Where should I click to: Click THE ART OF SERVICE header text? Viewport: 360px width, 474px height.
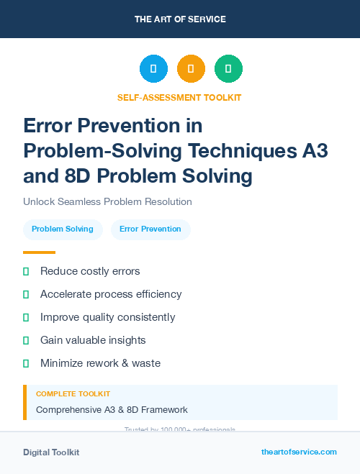click(180, 19)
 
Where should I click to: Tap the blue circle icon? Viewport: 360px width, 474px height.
click(153, 69)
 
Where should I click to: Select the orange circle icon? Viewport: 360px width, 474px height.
click(191, 69)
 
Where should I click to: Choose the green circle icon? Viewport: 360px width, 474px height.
click(228, 69)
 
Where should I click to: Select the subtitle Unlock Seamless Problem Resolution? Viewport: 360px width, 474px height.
click(107, 202)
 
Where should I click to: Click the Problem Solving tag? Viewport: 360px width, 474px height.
click(63, 229)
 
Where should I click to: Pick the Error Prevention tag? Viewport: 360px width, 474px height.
click(150, 229)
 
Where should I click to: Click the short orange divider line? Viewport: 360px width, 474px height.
click(39, 252)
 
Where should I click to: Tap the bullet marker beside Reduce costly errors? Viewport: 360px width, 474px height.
click(26, 272)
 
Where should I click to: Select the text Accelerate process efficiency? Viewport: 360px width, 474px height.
click(111, 294)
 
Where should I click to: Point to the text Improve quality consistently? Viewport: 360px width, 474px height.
click(107, 317)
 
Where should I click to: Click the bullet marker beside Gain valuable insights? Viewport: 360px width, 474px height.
click(26, 340)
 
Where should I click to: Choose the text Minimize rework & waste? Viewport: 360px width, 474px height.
click(100, 363)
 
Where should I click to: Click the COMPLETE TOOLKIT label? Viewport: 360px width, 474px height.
click(73, 394)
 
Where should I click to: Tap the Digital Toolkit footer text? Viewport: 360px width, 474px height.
click(51, 452)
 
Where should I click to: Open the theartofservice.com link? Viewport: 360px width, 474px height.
click(299, 452)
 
